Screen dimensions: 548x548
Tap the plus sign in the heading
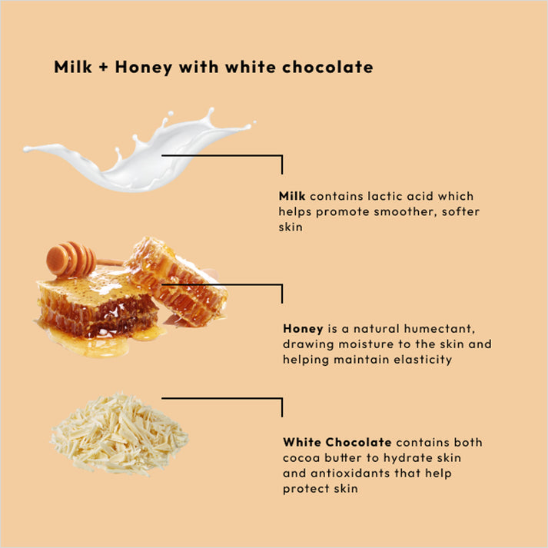pyautogui.click(x=101, y=68)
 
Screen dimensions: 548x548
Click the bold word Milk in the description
pyautogui.click(x=291, y=197)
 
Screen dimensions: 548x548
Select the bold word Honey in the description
pyautogui.click(x=302, y=329)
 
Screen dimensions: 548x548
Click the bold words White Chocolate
pyautogui.click(x=337, y=443)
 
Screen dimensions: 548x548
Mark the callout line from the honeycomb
pyautogui.click(x=223, y=284)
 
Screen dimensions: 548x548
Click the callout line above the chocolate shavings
pyautogui.click(x=223, y=398)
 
